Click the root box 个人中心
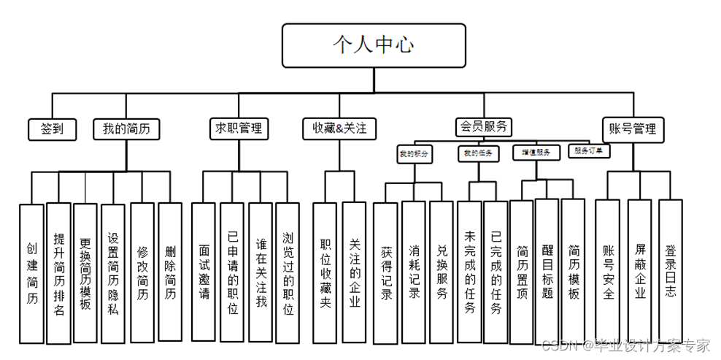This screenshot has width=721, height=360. pos(374,45)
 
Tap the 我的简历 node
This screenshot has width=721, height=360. pos(127,129)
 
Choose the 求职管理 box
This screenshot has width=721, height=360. pos(239,129)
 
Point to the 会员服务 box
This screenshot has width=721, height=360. pos(484,126)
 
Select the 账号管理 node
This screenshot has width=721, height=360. pos(633,129)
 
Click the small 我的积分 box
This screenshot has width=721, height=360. pos(414,154)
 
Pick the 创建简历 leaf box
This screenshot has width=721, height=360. pos(31,274)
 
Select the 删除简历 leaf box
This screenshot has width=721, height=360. pos(170,272)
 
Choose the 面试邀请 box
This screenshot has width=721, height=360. pos(204,272)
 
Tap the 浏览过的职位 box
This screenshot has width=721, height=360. pos(288,272)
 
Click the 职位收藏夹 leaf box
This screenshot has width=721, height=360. pos(325,272)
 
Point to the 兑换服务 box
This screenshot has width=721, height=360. pos(442,272)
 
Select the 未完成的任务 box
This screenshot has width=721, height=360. pos(469,272)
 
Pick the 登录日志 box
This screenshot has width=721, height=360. pos(671,272)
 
